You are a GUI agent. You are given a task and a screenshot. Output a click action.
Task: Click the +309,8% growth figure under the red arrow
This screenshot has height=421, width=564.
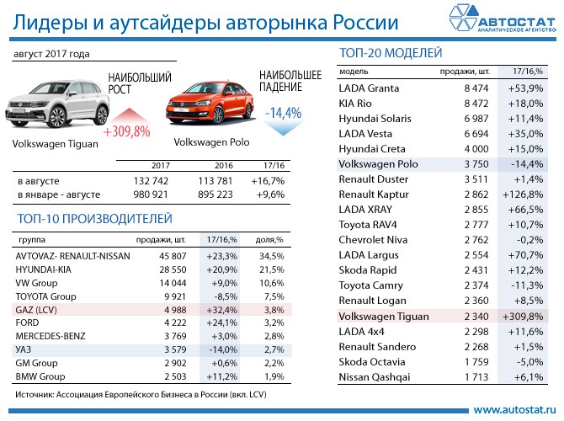tap(126, 131)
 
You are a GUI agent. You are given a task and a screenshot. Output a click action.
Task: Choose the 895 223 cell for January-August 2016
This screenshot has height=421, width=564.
tap(210, 195)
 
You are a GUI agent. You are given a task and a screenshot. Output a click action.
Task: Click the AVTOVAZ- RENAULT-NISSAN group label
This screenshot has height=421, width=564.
tap(73, 254)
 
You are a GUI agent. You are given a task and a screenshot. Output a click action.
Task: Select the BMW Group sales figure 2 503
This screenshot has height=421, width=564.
tap(163, 376)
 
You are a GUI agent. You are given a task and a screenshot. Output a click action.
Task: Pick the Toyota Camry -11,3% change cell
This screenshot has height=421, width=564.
tap(526, 285)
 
